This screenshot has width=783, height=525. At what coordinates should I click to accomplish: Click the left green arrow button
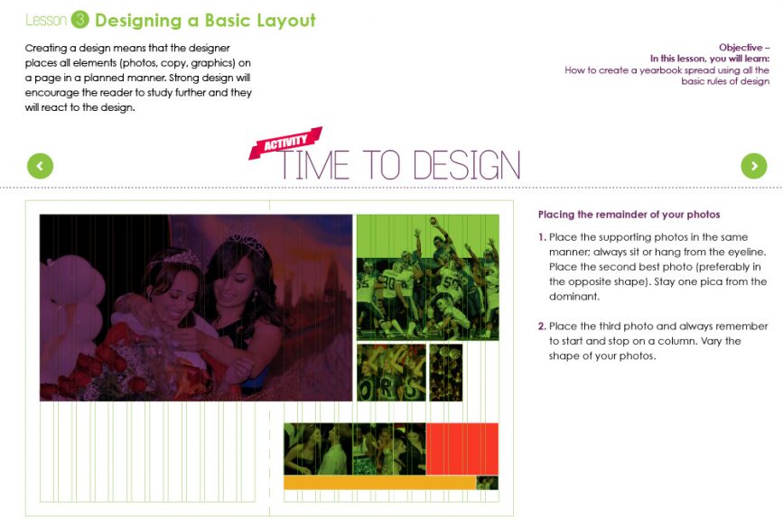coord(41,166)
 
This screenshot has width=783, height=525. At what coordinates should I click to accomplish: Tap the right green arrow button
coord(753,166)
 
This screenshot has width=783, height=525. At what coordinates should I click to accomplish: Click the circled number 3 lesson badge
coord(80,20)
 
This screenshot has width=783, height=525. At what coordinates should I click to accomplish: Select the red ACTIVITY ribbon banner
coord(285,143)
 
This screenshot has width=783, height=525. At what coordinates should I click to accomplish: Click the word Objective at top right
coord(743,47)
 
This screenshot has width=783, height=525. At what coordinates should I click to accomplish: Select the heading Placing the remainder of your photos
coord(629,215)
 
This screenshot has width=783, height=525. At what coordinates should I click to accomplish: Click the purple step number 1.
coord(542,236)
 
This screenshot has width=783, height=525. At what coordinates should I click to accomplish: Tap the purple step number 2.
coord(542,326)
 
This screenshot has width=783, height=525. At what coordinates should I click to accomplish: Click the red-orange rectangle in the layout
coord(461,448)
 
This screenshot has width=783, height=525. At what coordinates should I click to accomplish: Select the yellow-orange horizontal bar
coord(379,483)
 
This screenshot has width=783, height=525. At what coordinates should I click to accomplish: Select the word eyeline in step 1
coord(746,252)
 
